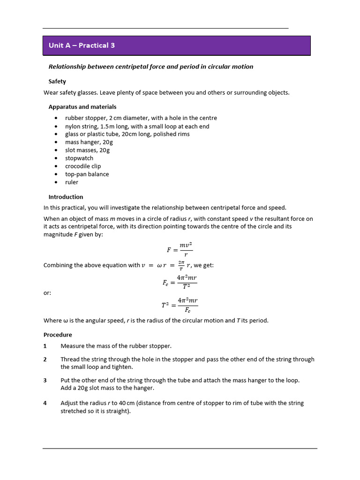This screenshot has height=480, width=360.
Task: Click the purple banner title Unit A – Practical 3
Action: [x=82, y=45]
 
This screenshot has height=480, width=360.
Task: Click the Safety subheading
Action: [x=57, y=81]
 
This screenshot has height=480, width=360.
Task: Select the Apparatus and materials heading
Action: [x=82, y=106]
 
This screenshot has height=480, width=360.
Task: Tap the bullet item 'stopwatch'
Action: [x=79, y=158]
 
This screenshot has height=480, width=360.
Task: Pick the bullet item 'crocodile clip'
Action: [x=82, y=166]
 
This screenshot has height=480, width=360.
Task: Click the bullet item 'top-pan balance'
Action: [x=87, y=174]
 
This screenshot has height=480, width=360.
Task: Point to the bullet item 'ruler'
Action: [x=71, y=182]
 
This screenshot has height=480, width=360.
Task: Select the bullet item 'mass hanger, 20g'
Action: [x=89, y=142]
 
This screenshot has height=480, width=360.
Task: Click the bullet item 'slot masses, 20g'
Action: [x=87, y=150]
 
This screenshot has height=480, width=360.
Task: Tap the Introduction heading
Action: [x=66, y=197]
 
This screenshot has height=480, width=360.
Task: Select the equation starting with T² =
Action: [x=180, y=305]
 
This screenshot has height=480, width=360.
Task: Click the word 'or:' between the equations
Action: [x=47, y=293]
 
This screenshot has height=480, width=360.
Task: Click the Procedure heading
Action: [x=58, y=335]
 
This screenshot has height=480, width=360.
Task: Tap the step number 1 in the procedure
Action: [x=45, y=346]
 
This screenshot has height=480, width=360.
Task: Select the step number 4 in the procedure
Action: [x=45, y=403]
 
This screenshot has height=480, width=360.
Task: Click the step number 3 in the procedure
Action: [x=45, y=380]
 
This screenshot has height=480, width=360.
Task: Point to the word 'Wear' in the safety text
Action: [x=51, y=92]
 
